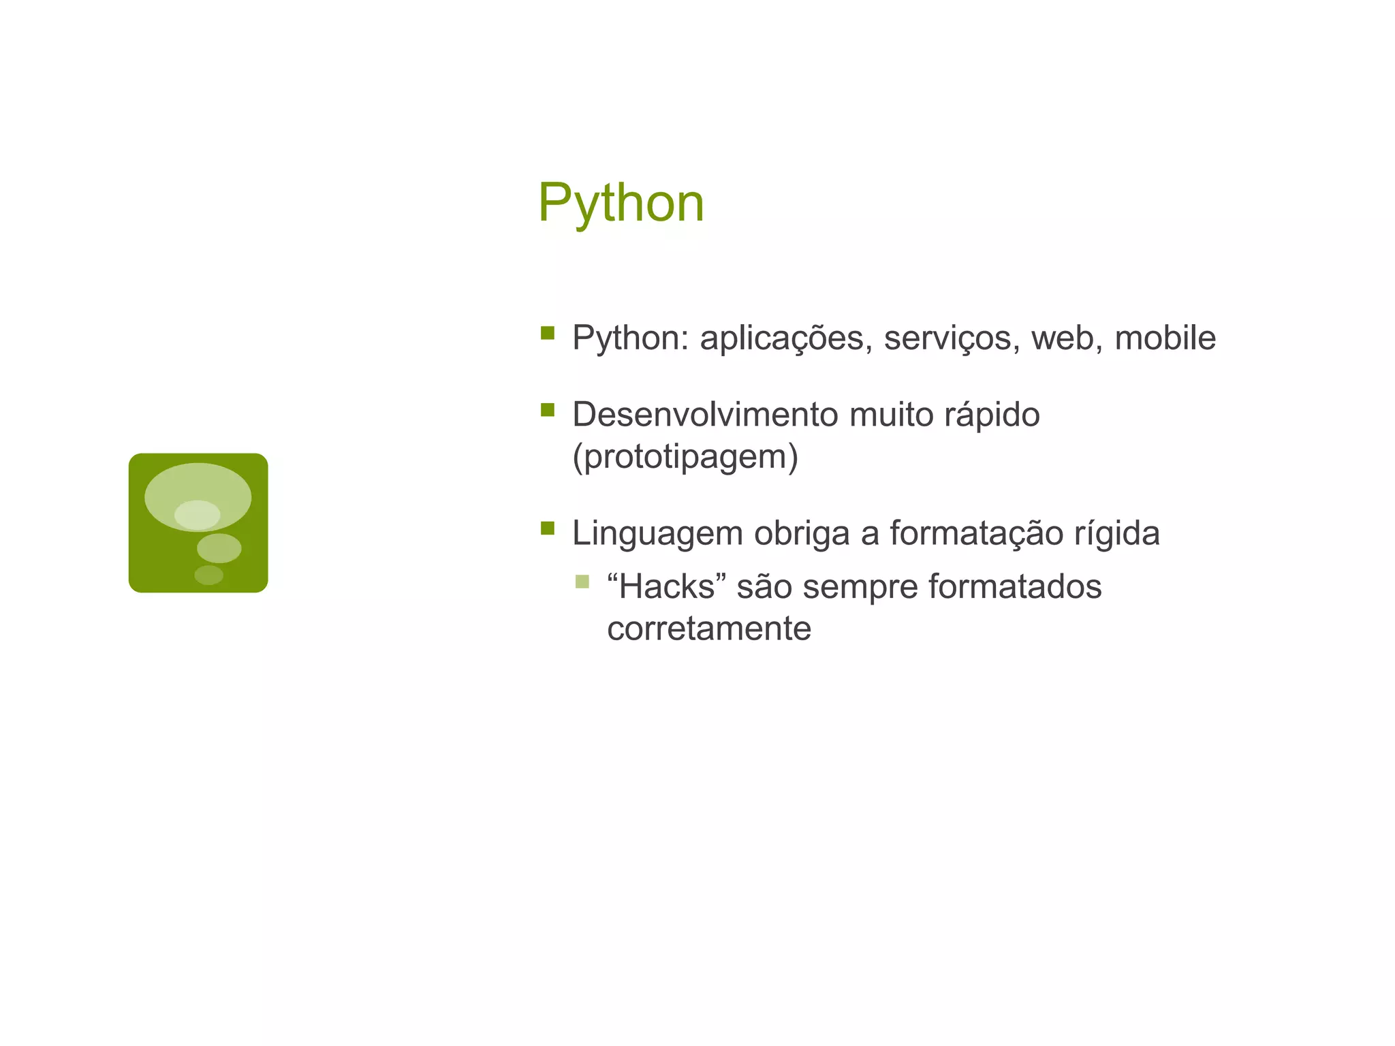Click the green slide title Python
point(621,203)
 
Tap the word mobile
point(1165,338)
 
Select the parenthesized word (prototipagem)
point(685,457)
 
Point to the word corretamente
point(708,629)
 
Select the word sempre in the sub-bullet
point(860,588)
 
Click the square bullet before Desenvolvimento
point(547,409)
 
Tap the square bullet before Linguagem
point(547,528)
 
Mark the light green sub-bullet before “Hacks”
point(582,582)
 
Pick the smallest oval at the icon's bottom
point(208,575)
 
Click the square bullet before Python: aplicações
point(547,332)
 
